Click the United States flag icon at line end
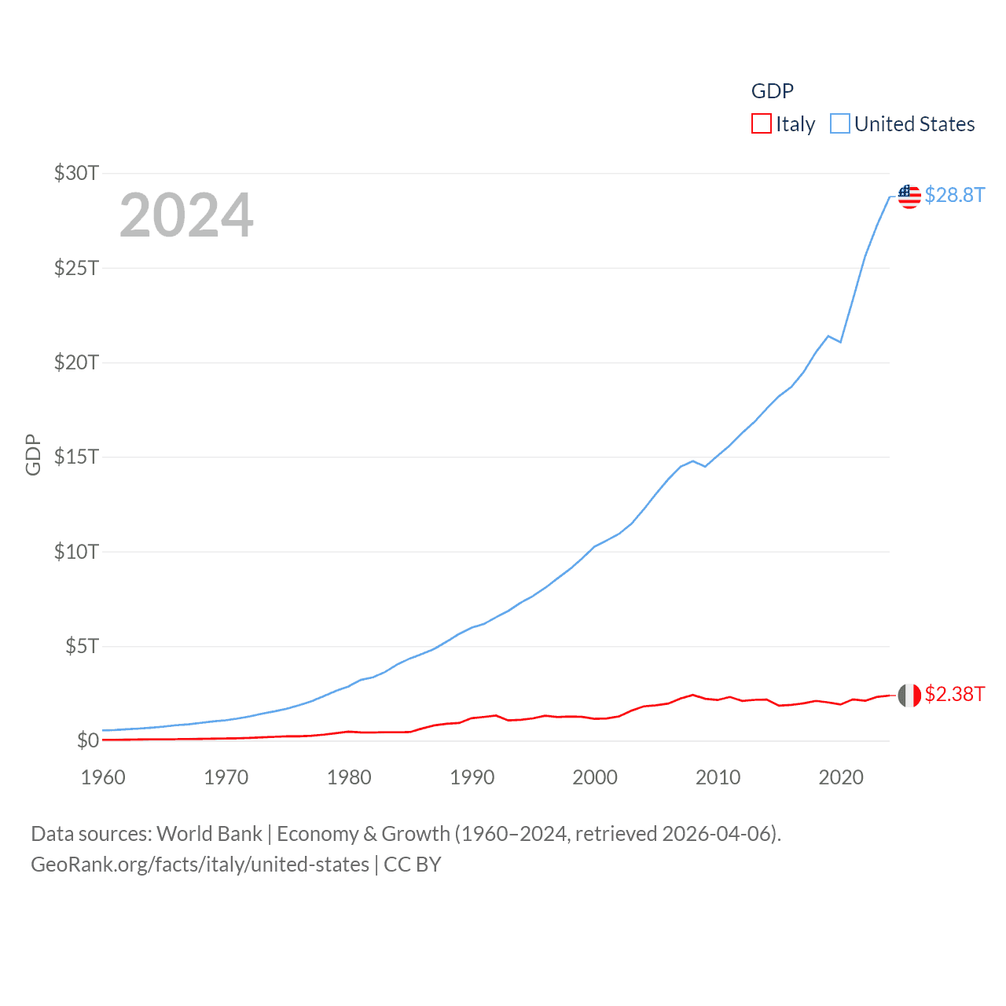point(909,196)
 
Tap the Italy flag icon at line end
point(909,695)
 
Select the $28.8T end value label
point(954,195)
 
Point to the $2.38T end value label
point(954,694)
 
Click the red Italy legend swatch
point(761,124)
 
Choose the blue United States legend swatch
point(840,124)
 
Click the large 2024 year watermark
point(186,215)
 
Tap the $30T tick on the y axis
point(76,173)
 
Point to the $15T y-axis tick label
point(76,457)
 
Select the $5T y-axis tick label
point(82,646)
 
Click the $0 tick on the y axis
point(87,740)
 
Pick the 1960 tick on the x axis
point(103,777)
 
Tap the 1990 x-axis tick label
point(472,777)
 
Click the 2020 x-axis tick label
point(841,777)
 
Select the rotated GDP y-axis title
point(33,454)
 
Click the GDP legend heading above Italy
point(773,91)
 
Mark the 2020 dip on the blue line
point(841,342)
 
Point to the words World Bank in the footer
point(209,834)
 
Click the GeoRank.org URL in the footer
point(200,865)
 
